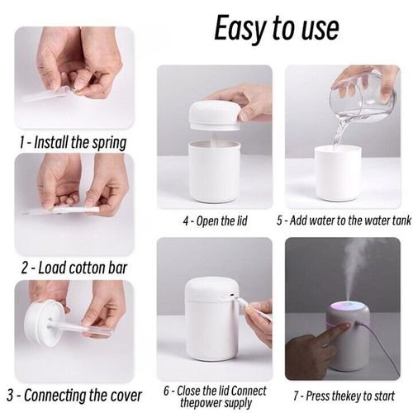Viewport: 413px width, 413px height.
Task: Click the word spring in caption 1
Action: [x=109, y=143]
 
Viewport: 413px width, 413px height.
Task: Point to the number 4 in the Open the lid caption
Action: [x=186, y=221]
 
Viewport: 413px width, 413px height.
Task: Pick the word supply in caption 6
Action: [x=238, y=404]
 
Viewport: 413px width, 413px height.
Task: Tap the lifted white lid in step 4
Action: [x=214, y=115]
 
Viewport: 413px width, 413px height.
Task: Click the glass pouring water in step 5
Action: [x=363, y=97]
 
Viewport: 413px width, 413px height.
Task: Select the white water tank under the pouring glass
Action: [x=338, y=173]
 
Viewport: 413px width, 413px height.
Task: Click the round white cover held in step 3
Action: [x=41, y=323]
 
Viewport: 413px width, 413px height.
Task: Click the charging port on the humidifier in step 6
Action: [x=232, y=296]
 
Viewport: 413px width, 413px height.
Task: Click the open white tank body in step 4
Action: [x=214, y=172]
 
